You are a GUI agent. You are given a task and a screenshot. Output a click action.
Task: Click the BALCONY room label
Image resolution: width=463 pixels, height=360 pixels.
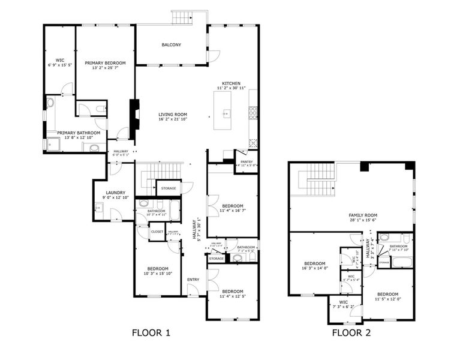point(171,44)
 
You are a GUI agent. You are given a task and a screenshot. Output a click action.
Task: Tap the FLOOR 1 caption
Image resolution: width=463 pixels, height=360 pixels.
point(151,332)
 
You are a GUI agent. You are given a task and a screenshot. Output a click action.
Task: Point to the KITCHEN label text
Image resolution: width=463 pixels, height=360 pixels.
point(231,83)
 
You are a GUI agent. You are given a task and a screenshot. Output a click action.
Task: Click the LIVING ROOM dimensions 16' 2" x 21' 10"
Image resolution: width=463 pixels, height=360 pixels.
point(173,120)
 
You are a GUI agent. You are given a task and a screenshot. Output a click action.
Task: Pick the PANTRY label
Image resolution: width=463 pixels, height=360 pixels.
point(246,161)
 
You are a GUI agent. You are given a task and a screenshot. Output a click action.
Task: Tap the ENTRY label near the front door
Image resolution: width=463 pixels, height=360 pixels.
point(193,280)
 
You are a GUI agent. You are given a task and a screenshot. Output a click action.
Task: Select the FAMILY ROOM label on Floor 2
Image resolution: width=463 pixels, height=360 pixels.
point(363,215)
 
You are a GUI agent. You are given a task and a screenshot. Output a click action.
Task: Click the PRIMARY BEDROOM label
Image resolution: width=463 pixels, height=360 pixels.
point(105,63)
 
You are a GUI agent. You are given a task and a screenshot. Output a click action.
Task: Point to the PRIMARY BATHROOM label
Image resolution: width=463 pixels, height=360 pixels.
point(74,133)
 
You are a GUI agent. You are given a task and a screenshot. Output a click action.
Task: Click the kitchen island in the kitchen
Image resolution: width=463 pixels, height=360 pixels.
point(226,113)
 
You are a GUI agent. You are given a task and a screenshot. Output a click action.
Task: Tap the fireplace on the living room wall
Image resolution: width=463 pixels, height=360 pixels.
point(134,114)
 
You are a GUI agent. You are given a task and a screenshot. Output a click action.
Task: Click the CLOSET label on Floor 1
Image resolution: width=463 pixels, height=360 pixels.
point(157,232)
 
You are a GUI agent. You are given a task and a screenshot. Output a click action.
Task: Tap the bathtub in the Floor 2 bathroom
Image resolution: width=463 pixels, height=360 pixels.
point(401,262)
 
